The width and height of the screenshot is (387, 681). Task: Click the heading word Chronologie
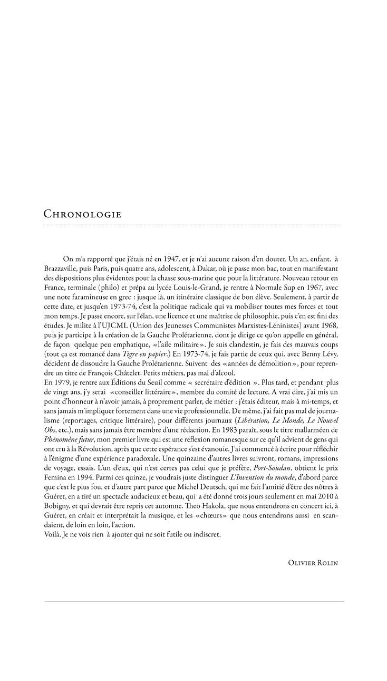click(82, 214)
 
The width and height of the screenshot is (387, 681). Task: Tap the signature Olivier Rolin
click(313, 563)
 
